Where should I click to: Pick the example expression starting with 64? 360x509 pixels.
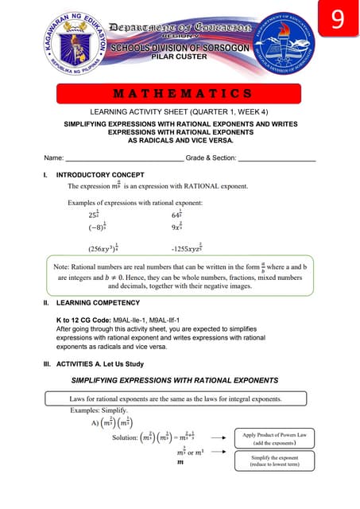click(x=178, y=214)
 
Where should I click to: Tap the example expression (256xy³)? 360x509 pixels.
click(x=103, y=247)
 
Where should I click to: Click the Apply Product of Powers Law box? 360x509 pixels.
click(x=274, y=437)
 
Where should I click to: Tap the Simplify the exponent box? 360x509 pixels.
click(x=274, y=464)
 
